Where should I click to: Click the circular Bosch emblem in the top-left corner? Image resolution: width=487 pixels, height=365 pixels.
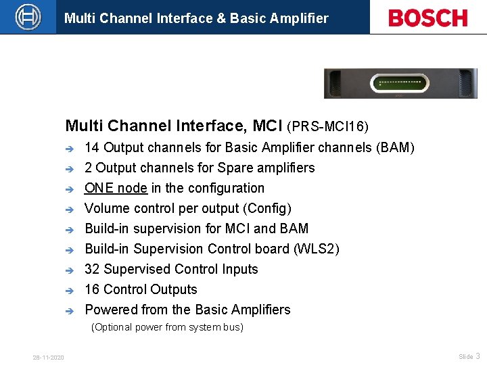coord(28,17)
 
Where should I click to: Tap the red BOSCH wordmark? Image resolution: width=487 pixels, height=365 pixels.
coord(427,18)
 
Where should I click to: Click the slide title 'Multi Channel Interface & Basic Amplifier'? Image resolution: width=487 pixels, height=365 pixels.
coord(196,18)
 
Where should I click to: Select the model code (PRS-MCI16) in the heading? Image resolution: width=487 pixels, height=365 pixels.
coord(328,126)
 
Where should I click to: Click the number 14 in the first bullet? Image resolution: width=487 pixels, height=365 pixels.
coord(92,147)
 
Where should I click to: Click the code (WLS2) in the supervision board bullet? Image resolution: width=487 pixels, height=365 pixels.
coord(316,249)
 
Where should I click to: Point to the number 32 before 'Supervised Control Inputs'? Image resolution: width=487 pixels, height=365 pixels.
coord(92,269)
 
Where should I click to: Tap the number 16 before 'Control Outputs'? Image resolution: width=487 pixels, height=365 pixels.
coord(92,289)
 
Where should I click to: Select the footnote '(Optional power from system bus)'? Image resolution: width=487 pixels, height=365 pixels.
coord(167,327)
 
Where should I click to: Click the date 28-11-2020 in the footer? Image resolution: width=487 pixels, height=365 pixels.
coord(48,357)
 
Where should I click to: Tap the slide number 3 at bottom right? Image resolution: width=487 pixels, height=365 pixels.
coord(478,356)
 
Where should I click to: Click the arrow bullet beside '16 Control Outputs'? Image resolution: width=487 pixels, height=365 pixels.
coord(69,290)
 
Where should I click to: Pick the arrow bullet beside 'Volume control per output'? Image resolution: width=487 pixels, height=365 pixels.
coord(69,209)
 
